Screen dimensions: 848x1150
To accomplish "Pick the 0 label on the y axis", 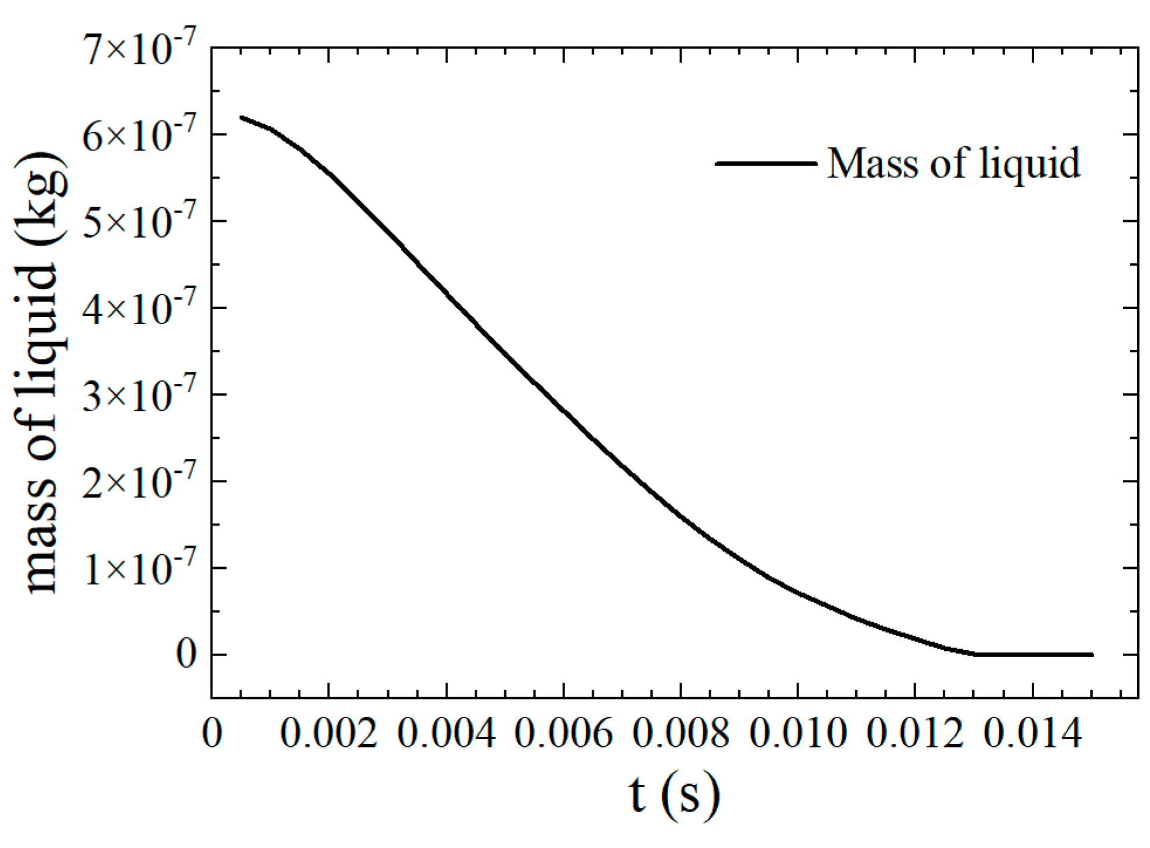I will click(186, 655).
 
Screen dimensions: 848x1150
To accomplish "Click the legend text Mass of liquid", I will click(953, 164).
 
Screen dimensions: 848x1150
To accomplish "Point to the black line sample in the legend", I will click(766, 164).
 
